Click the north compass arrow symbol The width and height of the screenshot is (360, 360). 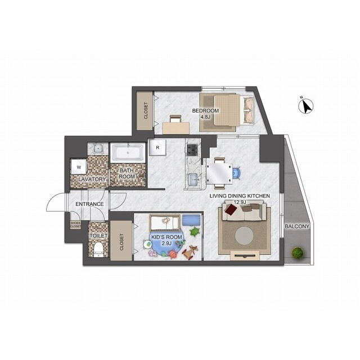coord(306,106)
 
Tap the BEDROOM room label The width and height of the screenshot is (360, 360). coord(205,111)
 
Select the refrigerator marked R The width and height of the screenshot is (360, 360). coord(157,147)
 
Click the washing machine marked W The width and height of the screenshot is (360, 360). coord(79,168)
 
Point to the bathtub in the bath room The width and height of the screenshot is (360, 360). coord(128,152)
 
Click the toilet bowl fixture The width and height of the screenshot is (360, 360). coord(98,250)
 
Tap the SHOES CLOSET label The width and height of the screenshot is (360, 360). coord(75,224)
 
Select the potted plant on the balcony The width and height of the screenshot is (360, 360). coord(298,253)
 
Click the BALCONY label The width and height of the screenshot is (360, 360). coord(297,226)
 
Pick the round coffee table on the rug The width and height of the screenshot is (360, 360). coord(245,236)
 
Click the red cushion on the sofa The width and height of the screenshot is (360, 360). coord(231,210)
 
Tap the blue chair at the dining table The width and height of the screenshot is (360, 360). coord(236,173)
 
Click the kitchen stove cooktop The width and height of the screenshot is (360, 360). coord(192,150)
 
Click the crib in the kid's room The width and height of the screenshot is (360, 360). coord(165,223)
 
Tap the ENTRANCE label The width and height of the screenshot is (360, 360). coord(89,204)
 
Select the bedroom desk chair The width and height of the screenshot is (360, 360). coord(175,119)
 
